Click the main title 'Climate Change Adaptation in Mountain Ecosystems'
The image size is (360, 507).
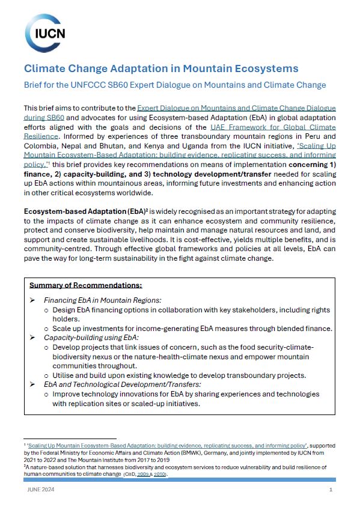tap(161, 68)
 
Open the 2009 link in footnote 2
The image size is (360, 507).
tap(144, 475)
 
